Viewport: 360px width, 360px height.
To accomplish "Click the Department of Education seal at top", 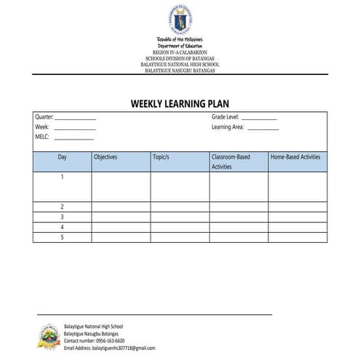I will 179,17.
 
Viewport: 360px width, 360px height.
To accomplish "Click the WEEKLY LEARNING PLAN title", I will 180,103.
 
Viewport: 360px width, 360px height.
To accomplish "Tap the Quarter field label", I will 44,116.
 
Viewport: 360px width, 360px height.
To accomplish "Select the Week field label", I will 42,127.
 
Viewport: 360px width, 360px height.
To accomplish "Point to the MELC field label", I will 42,137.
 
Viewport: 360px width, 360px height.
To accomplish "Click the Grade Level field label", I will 225,116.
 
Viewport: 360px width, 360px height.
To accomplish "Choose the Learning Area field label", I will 228,127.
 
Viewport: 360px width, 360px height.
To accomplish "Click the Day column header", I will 63,157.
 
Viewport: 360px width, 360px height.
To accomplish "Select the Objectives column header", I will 105,157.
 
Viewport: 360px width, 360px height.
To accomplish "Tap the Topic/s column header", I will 161,157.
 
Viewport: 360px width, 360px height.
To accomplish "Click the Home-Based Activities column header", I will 295,157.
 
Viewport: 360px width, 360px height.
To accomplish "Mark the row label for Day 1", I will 63,177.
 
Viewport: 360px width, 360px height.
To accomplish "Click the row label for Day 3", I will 63,217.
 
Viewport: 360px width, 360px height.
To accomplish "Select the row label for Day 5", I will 63,237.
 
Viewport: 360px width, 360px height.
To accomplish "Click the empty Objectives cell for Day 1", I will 121,186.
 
